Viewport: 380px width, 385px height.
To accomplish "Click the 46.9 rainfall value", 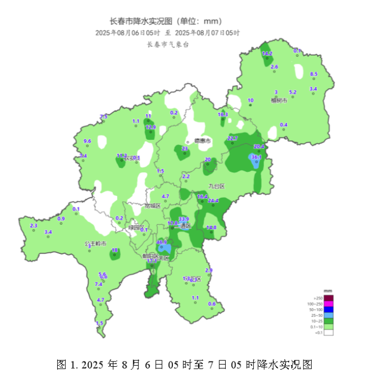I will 162,242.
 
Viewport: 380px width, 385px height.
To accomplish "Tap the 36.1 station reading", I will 256,157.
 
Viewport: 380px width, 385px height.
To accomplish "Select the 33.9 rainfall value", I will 184,219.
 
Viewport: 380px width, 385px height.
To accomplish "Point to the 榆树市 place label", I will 279,100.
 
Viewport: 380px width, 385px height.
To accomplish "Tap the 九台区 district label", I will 216,186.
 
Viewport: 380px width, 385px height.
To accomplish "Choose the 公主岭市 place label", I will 95,243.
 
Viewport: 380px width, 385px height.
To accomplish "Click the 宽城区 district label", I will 153,205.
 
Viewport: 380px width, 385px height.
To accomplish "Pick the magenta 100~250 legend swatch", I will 329,303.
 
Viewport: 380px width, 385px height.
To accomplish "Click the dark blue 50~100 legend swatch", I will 329,311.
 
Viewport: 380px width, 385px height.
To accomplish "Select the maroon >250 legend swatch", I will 329,297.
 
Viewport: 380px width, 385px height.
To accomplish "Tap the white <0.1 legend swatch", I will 329,332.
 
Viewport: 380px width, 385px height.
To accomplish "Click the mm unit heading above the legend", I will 328,291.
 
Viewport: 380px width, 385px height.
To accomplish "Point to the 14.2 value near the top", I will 267,53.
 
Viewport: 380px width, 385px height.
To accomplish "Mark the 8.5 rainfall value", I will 314,74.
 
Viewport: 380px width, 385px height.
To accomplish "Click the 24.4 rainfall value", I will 213,200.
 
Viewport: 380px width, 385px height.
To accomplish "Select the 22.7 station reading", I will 232,138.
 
